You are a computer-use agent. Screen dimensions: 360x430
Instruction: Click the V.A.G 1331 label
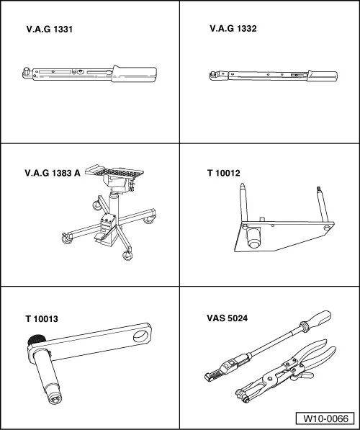50,29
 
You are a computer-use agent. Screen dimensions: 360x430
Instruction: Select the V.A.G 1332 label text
233,29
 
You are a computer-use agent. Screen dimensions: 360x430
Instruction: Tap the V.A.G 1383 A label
53,173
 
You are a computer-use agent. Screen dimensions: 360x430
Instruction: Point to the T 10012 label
223,173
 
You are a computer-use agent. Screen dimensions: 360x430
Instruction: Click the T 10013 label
42,319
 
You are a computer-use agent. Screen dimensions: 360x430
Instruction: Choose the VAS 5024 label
227,318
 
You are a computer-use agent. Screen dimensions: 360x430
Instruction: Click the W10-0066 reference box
325,418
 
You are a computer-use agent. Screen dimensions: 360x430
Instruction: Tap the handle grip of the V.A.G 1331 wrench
135,73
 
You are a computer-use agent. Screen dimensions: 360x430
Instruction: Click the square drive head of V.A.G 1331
27,73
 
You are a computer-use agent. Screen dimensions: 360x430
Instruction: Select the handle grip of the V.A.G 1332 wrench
323,76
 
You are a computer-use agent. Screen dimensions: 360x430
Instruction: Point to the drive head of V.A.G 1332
215,76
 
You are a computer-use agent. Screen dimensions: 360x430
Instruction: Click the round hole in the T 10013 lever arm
141,336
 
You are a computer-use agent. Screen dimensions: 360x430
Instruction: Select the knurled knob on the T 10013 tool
36,340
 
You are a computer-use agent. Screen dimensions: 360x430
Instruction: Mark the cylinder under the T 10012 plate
253,238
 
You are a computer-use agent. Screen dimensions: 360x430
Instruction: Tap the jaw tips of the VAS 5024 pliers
242,395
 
